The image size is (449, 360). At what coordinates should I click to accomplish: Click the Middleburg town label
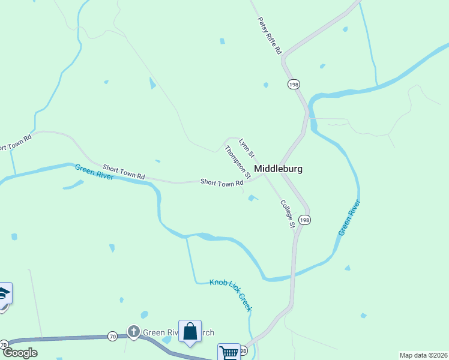(x=278, y=169)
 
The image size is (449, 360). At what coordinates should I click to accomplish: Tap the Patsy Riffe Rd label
(x=270, y=37)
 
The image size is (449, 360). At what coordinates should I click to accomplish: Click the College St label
(x=288, y=213)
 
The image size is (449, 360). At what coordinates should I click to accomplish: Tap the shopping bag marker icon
(x=190, y=331)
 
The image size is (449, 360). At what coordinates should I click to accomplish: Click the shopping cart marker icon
(x=229, y=353)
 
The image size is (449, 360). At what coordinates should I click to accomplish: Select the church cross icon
(x=133, y=332)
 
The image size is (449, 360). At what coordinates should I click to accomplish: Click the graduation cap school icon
(x=3, y=294)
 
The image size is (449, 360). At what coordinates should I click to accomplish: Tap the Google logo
(x=20, y=353)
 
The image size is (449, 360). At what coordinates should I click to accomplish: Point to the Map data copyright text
(x=423, y=355)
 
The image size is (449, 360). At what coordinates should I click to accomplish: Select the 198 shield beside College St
(x=305, y=220)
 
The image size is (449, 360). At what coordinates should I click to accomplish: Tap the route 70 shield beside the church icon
(x=113, y=337)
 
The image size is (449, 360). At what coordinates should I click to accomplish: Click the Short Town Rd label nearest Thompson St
(x=221, y=182)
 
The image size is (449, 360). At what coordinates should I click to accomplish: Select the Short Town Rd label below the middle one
(x=124, y=172)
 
